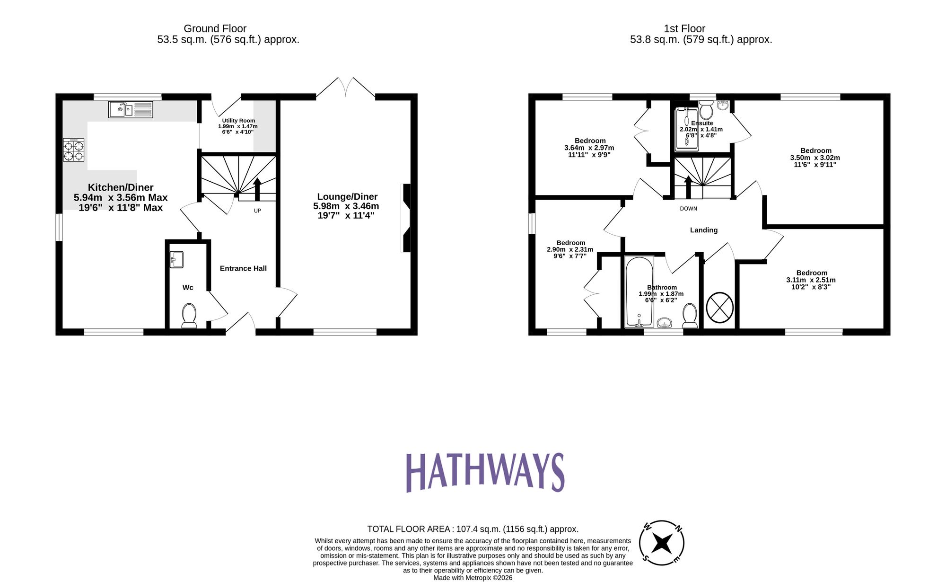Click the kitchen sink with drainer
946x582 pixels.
click(x=131, y=110)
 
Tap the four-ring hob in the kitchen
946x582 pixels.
click(x=74, y=150)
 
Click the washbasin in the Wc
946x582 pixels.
click(x=176, y=259)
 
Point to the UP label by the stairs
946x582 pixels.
click(x=257, y=211)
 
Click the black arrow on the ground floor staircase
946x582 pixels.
click(x=257, y=189)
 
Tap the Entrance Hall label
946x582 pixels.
click(x=243, y=268)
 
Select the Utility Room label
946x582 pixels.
click(x=238, y=121)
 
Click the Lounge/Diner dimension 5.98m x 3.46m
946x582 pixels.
click(x=346, y=206)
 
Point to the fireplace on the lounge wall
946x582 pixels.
click(x=406, y=218)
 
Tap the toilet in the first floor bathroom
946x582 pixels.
click(x=690, y=316)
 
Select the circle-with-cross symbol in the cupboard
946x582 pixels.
click(x=719, y=308)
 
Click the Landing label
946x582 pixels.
click(x=703, y=230)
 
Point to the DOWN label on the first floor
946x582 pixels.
click(x=688, y=209)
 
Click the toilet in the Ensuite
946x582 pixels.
click(x=706, y=111)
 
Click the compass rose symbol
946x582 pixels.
click(x=661, y=543)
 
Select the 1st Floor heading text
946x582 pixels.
click(x=684, y=28)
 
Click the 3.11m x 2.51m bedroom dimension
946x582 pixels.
click(x=811, y=280)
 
